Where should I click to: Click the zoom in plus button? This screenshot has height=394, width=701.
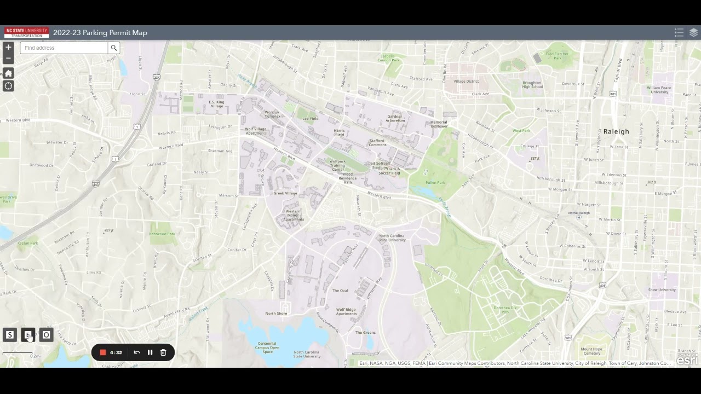[8, 48]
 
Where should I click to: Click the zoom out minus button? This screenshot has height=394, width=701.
[8, 58]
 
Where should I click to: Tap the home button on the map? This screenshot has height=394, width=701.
[8, 73]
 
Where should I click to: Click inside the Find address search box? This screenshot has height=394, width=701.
[64, 48]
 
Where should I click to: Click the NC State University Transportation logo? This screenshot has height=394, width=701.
[26, 33]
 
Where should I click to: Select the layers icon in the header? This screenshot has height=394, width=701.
[693, 33]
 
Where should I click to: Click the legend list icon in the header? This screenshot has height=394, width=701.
[679, 33]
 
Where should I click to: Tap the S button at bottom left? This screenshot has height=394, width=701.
[10, 335]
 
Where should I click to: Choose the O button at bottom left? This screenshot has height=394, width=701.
[46, 335]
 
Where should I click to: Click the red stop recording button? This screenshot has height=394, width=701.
[102, 352]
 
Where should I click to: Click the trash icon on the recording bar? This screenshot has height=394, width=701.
[163, 352]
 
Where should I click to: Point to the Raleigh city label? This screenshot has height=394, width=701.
[616, 132]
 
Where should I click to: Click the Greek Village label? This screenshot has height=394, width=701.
[285, 193]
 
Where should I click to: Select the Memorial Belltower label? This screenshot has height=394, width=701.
[439, 124]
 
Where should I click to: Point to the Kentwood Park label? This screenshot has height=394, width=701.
[162, 234]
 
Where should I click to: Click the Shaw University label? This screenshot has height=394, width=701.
[662, 290]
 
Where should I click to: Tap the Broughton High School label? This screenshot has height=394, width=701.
[532, 85]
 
